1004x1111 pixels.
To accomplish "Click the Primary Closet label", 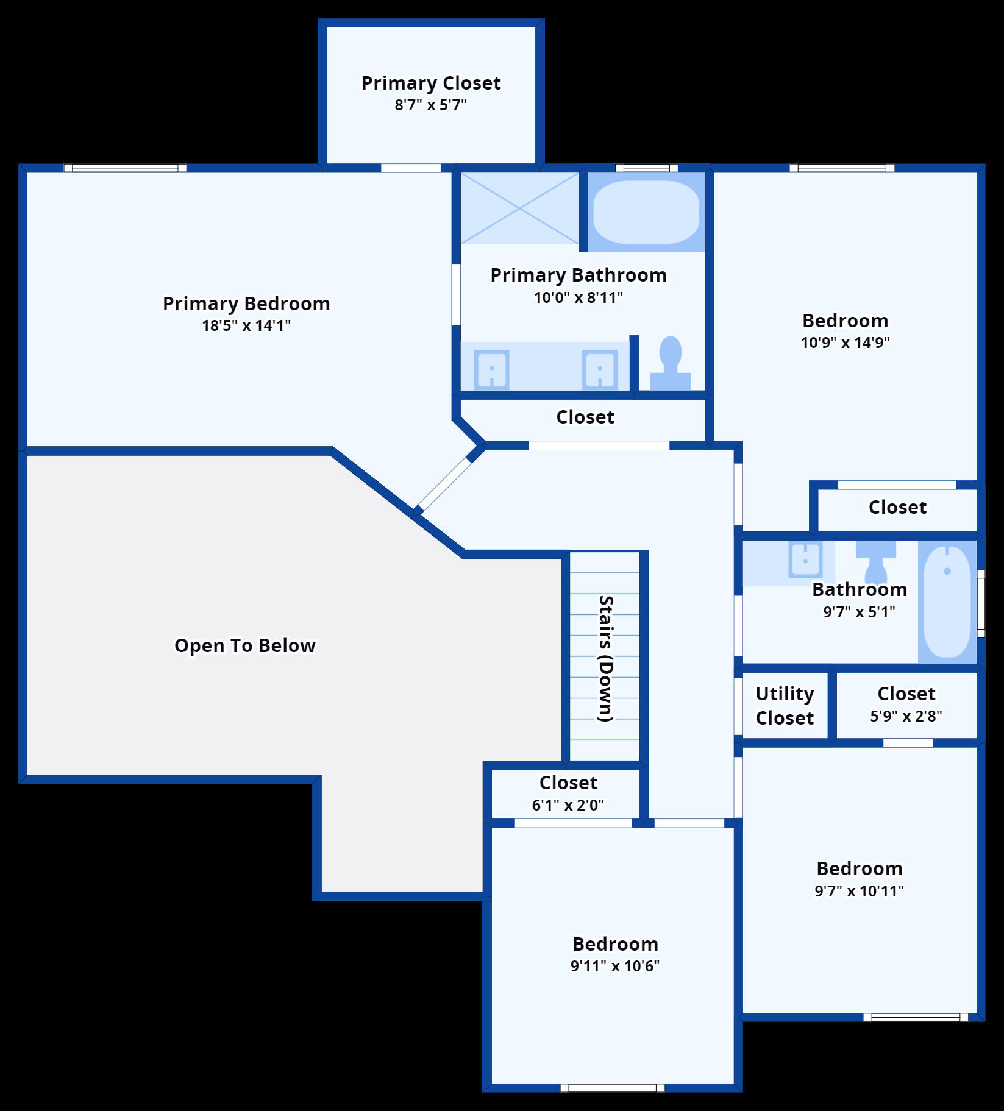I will tap(431, 83).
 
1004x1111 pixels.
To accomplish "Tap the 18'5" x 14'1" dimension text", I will tap(246, 325).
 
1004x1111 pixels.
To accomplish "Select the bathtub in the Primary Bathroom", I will tap(646, 212).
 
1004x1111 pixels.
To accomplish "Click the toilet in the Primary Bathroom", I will tap(671, 363).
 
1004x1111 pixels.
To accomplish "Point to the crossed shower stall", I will tap(519, 208).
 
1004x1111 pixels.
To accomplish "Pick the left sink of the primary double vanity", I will tap(491, 369).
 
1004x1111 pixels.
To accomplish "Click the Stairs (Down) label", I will tap(605, 658).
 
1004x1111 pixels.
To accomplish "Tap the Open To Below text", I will tap(245, 645).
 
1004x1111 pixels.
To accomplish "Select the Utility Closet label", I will tap(785, 706).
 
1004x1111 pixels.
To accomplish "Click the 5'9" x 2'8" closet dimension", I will tap(906, 716).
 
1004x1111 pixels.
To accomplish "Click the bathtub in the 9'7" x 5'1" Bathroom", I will tap(947, 602).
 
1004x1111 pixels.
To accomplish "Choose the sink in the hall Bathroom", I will tap(805, 559).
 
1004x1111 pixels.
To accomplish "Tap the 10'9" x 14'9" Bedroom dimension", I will tap(845, 343).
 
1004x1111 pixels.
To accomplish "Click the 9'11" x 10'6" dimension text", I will tap(615, 966).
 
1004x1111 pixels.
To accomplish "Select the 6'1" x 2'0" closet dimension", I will tap(568, 805).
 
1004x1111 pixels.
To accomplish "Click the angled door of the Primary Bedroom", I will tap(445, 485).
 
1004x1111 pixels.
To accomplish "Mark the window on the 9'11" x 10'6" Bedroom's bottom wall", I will tap(612, 1088).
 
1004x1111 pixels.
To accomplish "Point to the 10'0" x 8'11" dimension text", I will tap(579, 297).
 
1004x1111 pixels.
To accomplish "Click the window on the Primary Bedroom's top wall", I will tap(125, 168).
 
